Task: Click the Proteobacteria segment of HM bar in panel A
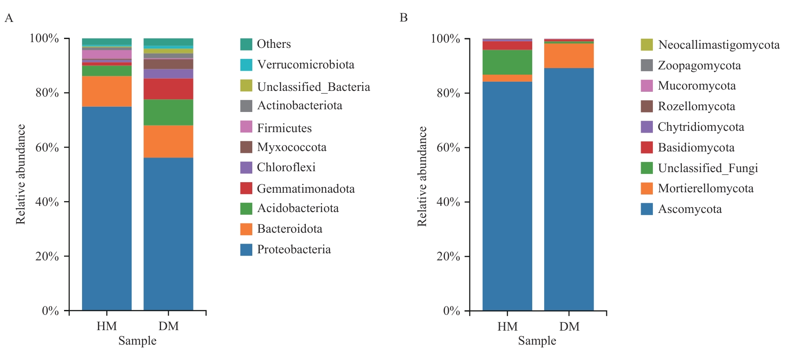click(107, 209)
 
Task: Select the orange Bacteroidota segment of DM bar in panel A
click(168, 141)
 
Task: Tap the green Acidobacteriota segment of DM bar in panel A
click(168, 112)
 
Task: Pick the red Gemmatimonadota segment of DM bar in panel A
click(168, 89)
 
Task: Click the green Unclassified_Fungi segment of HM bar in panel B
click(507, 62)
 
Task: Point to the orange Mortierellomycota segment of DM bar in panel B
click(569, 56)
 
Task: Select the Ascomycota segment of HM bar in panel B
click(507, 196)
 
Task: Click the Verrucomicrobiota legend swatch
click(246, 65)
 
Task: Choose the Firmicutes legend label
click(284, 128)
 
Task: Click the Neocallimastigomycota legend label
click(719, 45)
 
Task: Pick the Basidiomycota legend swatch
click(647, 148)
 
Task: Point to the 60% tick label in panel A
click(47, 148)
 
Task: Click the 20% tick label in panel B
click(448, 256)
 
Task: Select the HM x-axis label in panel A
click(107, 326)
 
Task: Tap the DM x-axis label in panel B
click(569, 327)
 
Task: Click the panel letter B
click(404, 18)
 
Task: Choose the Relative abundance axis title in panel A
click(21, 174)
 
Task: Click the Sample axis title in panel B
click(537, 341)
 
